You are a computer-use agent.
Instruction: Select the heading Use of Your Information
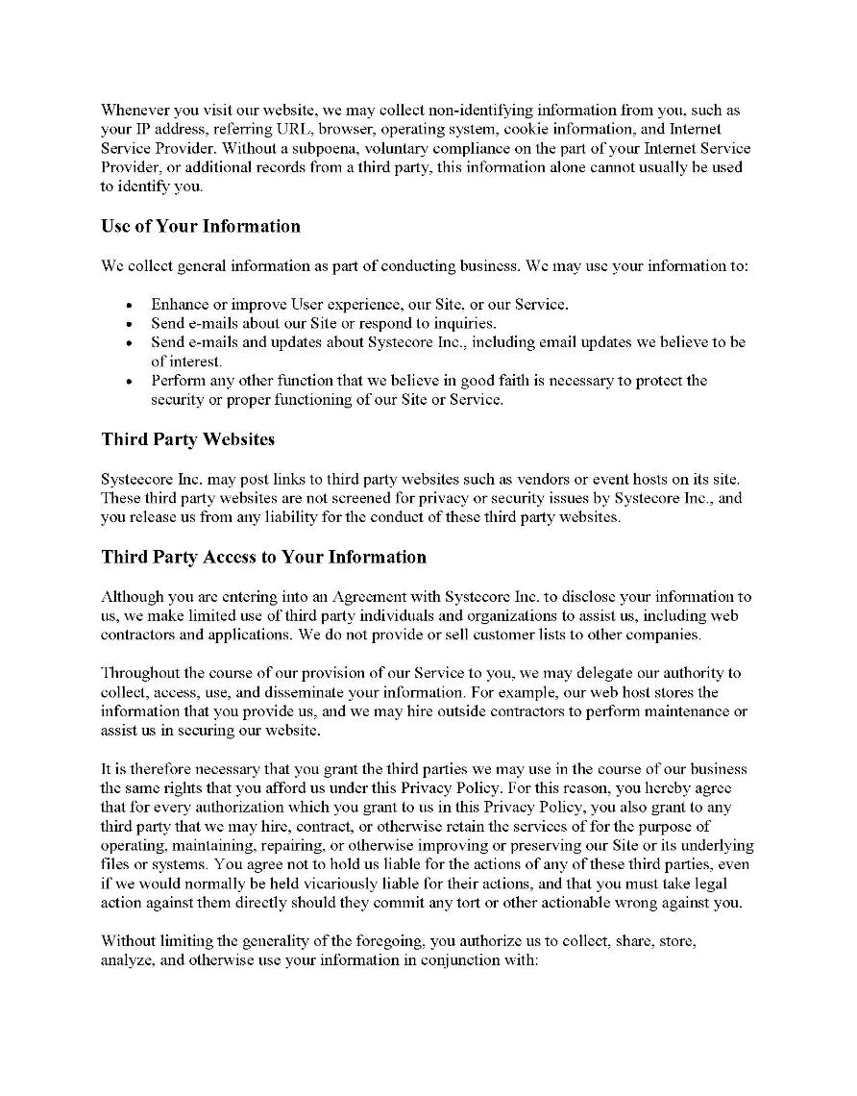(x=201, y=227)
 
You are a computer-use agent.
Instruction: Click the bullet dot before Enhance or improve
(x=129, y=306)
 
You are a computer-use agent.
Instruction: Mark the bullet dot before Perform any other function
(x=129, y=382)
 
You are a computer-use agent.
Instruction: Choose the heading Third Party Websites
(x=188, y=440)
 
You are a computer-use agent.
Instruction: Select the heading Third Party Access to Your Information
(x=264, y=558)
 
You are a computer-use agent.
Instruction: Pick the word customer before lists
(x=464, y=635)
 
